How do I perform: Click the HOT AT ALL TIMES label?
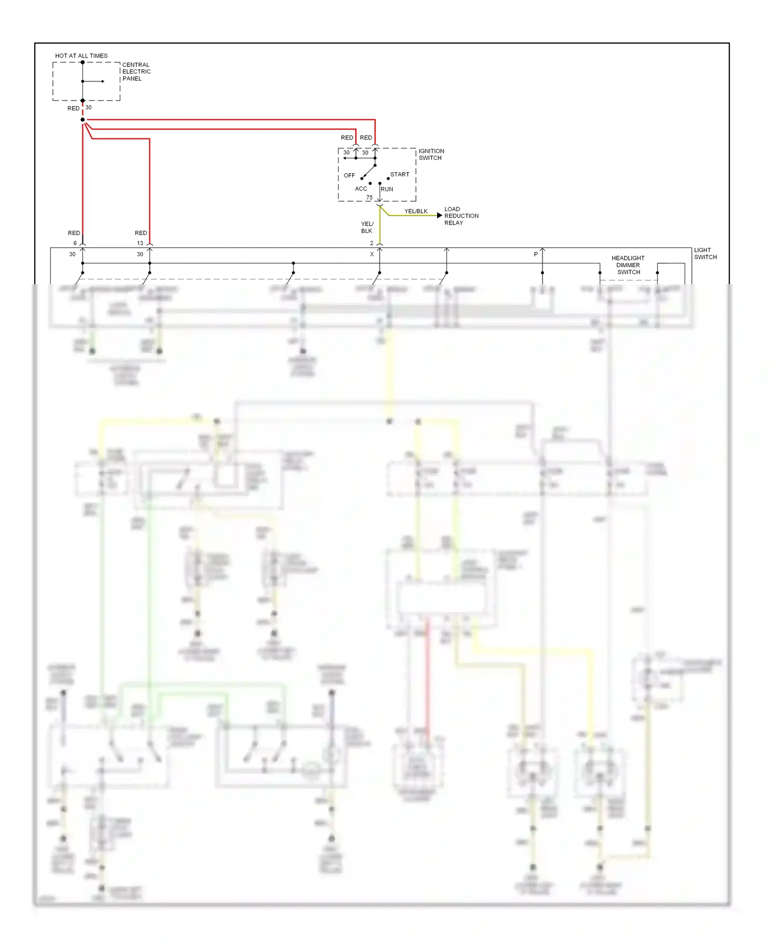(x=81, y=55)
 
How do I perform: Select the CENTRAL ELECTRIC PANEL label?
(x=136, y=72)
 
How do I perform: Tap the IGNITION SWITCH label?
(x=431, y=155)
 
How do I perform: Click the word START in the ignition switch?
(x=399, y=174)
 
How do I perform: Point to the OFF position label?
(x=349, y=175)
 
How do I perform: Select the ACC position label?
(x=360, y=189)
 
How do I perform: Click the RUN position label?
(x=387, y=189)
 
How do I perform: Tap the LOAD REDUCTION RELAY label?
(x=461, y=216)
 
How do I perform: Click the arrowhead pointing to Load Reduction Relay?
(x=439, y=215)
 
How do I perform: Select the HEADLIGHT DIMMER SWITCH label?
(x=628, y=265)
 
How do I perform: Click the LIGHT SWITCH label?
(x=705, y=254)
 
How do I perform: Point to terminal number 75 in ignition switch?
(x=369, y=198)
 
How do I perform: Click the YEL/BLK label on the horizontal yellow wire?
(x=415, y=211)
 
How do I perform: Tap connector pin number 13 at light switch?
(x=140, y=243)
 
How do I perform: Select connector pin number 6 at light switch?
(x=75, y=243)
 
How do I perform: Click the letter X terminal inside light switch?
(x=371, y=255)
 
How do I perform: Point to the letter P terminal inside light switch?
(x=536, y=255)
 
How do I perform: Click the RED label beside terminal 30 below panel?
(x=73, y=108)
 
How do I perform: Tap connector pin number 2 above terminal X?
(x=371, y=243)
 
